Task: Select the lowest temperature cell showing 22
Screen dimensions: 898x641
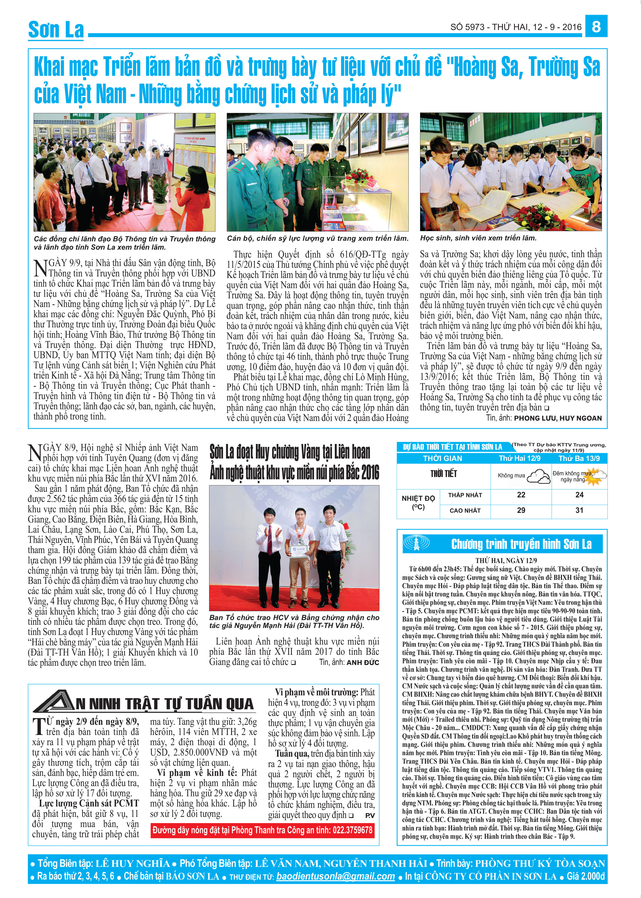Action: click(521, 495)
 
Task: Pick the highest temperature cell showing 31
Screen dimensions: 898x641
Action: click(579, 510)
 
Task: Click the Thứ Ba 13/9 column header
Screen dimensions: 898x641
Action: click(579, 458)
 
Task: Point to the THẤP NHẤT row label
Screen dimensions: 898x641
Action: click(465, 495)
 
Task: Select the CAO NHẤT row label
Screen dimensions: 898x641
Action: click(465, 510)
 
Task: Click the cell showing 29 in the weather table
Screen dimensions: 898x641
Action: click(521, 510)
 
